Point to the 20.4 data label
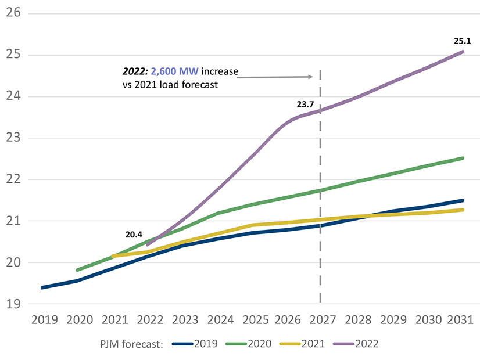click(134, 235)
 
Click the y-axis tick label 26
click(13, 12)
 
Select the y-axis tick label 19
click(13, 304)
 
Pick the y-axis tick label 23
click(13, 138)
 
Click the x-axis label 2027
click(320, 320)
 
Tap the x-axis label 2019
click(42, 320)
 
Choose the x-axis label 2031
click(460, 320)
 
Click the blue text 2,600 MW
click(175, 72)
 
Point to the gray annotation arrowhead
click(311, 76)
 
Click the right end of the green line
click(463, 158)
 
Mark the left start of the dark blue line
click(42, 287)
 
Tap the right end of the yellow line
click(463, 210)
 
